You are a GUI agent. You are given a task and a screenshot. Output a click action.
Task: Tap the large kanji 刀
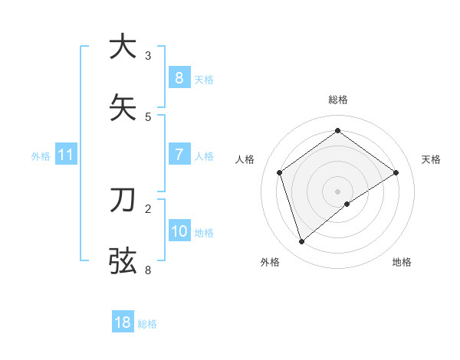click(x=123, y=200)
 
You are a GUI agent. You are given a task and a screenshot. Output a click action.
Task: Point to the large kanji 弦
click(x=123, y=260)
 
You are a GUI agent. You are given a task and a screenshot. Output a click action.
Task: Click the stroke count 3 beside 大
click(x=148, y=56)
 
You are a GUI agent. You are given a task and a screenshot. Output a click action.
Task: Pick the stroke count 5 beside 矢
click(x=148, y=116)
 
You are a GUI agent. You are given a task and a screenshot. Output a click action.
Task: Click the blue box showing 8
click(x=179, y=77)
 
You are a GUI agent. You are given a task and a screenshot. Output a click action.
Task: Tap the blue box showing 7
click(x=179, y=154)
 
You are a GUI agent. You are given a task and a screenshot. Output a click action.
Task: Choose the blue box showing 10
click(x=179, y=231)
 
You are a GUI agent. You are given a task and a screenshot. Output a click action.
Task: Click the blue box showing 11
click(x=65, y=155)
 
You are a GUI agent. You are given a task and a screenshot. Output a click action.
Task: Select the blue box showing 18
click(x=122, y=322)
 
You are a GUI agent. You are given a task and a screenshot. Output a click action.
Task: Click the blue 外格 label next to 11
click(x=41, y=156)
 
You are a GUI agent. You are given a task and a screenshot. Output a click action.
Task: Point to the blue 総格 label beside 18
click(x=147, y=324)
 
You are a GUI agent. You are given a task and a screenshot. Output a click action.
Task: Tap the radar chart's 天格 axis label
click(x=431, y=159)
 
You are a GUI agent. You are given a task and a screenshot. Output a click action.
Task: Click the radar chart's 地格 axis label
click(x=402, y=262)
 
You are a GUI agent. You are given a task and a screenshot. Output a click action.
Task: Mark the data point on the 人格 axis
click(x=280, y=172)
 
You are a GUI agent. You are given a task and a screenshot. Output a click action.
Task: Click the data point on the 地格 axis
click(x=347, y=204)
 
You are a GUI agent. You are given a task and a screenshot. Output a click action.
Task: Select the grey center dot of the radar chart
click(x=338, y=191)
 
